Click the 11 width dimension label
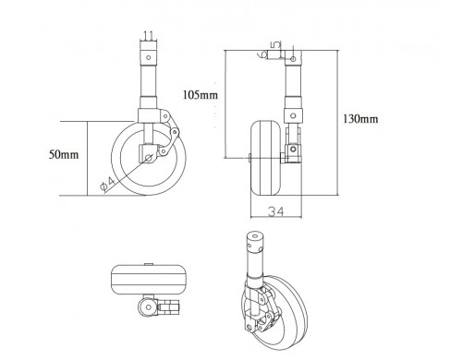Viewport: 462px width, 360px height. point(149,36)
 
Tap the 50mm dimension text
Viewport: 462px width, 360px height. point(64,154)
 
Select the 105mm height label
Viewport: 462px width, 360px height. point(201,94)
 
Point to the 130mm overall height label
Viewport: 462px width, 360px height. point(360,118)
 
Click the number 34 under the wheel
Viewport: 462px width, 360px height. point(275,211)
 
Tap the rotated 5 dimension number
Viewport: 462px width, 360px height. point(276,45)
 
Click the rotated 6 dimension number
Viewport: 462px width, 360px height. point(262,54)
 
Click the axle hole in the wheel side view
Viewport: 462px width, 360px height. point(149,158)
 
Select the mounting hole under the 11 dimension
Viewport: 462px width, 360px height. point(148,57)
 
